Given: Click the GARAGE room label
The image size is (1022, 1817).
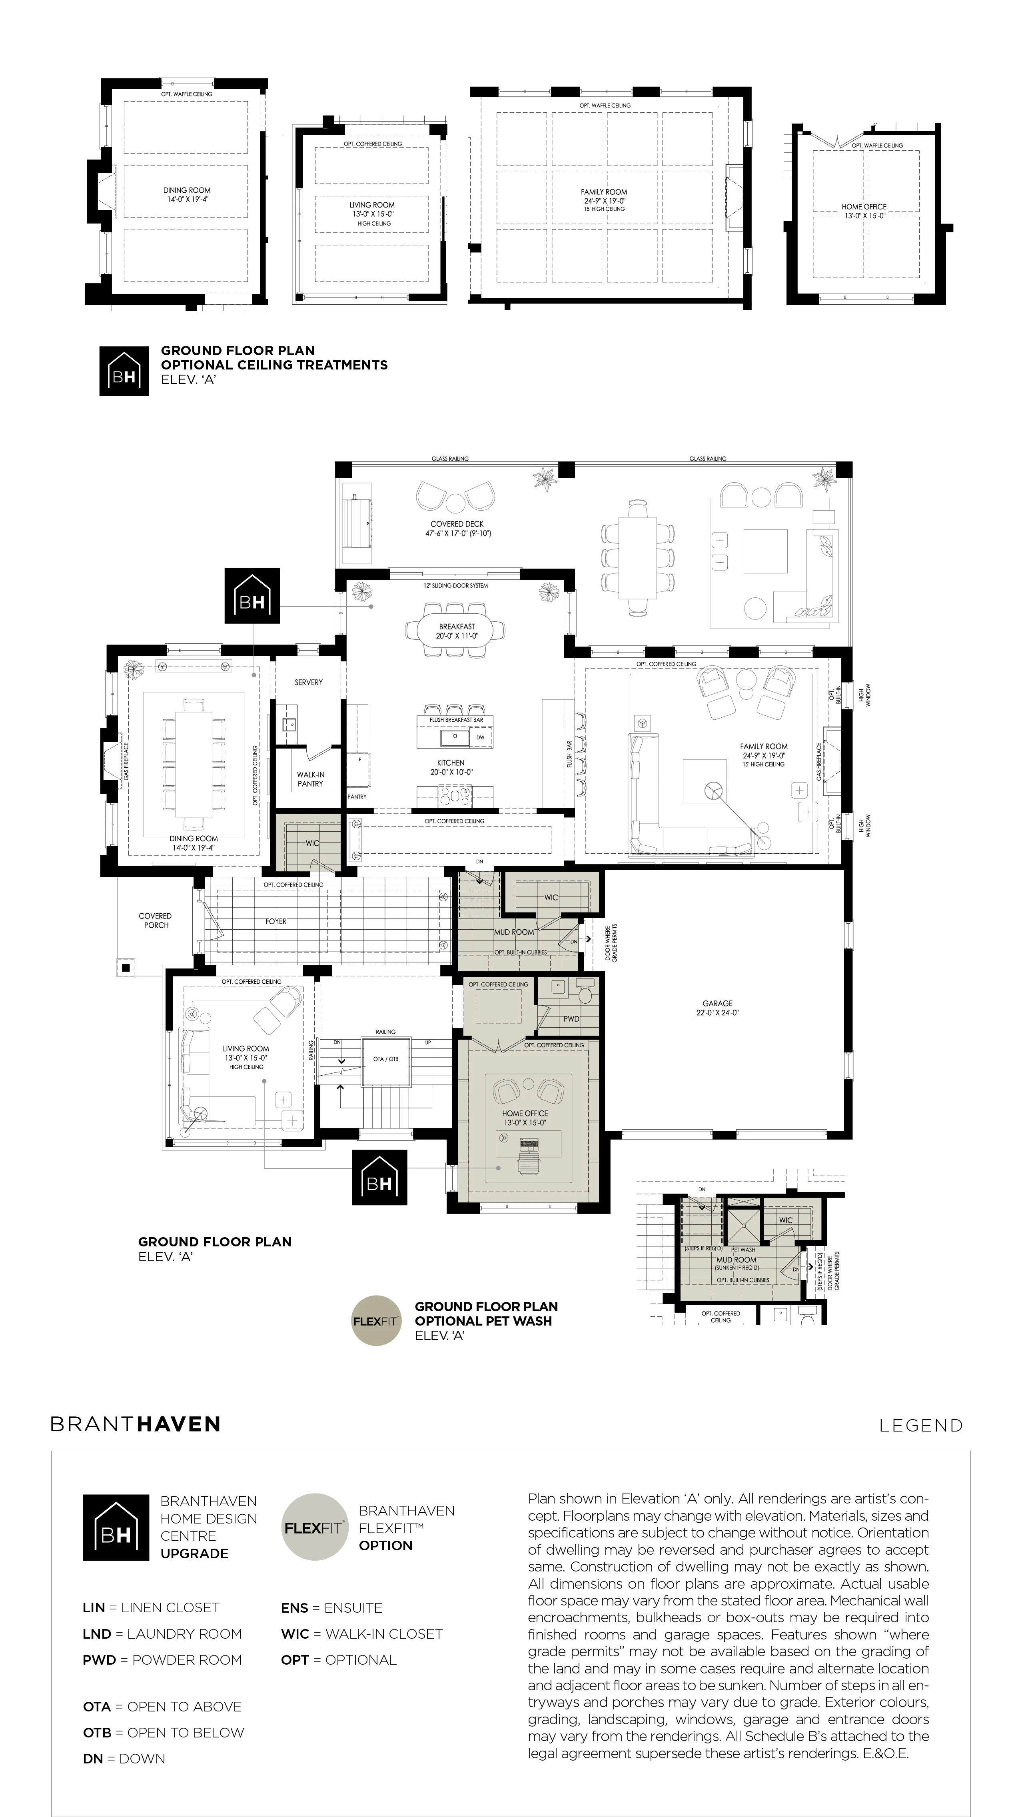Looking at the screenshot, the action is point(717,1003).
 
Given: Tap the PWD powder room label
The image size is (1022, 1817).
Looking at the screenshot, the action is point(571,1018).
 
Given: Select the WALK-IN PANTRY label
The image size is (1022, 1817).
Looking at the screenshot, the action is point(310,779).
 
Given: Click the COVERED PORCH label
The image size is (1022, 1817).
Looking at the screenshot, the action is point(155,920).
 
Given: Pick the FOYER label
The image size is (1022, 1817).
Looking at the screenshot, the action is point(276,921).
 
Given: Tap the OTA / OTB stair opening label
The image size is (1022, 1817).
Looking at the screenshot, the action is point(386,1059).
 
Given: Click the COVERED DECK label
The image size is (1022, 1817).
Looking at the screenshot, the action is point(457,524).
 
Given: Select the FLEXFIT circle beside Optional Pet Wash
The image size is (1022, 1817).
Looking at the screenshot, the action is point(377,1320).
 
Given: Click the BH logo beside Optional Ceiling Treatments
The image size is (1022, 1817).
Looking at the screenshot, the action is point(124,371).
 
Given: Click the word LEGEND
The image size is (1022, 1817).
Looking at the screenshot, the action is point(921,1426).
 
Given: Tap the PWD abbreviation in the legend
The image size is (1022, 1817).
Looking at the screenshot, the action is point(97,1660).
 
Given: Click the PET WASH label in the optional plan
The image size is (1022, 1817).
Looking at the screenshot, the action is point(743,1250).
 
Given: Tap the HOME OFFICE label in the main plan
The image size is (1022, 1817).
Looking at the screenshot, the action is point(525,1113).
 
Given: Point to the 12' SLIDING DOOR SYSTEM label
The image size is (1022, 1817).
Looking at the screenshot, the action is point(456,585).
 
